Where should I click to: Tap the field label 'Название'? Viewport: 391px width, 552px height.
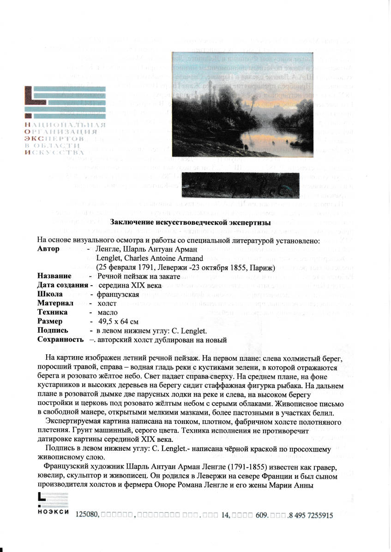[x=54, y=276]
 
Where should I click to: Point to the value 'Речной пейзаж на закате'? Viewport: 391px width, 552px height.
[x=138, y=276]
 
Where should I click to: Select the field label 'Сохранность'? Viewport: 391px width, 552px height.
[x=60, y=340]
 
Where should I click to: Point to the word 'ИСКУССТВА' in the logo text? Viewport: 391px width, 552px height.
[x=54, y=152]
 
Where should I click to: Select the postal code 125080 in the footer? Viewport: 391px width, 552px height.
[x=88, y=516]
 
